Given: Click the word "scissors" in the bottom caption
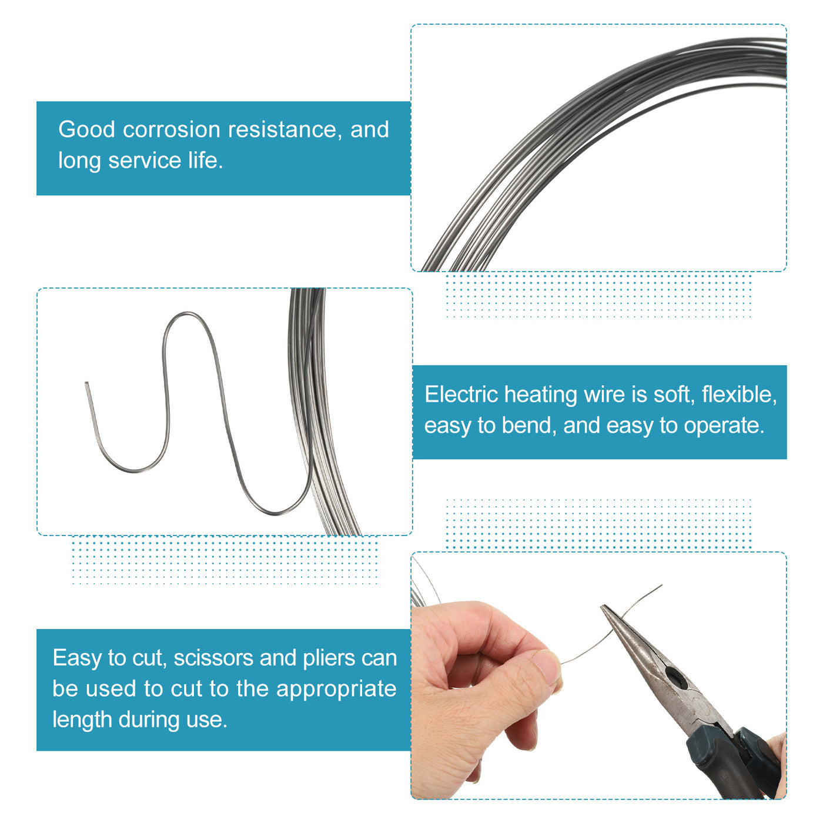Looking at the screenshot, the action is (x=213, y=658).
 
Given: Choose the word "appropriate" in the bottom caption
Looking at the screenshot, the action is (x=336, y=690).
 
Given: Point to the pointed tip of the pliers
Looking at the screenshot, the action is (x=602, y=606).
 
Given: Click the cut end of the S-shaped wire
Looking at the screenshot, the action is (x=86, y=383).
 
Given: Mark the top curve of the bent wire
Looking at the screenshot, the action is (x=185, y=313).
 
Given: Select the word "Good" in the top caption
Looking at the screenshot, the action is (x=86, y=129).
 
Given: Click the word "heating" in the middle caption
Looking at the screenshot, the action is (x=540, y=394).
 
